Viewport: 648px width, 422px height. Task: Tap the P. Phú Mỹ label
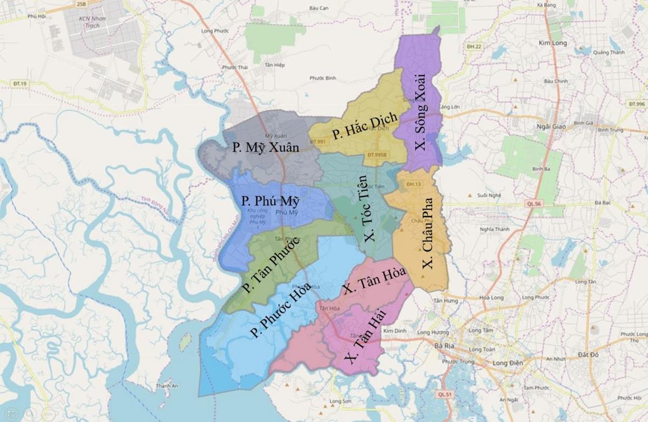[271, 201]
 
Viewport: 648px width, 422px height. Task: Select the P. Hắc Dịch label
[364, 126]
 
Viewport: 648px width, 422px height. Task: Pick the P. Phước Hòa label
[280, 310]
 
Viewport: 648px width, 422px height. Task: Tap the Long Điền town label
[508, 363]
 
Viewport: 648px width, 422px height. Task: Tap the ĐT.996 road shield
[636, 103]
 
